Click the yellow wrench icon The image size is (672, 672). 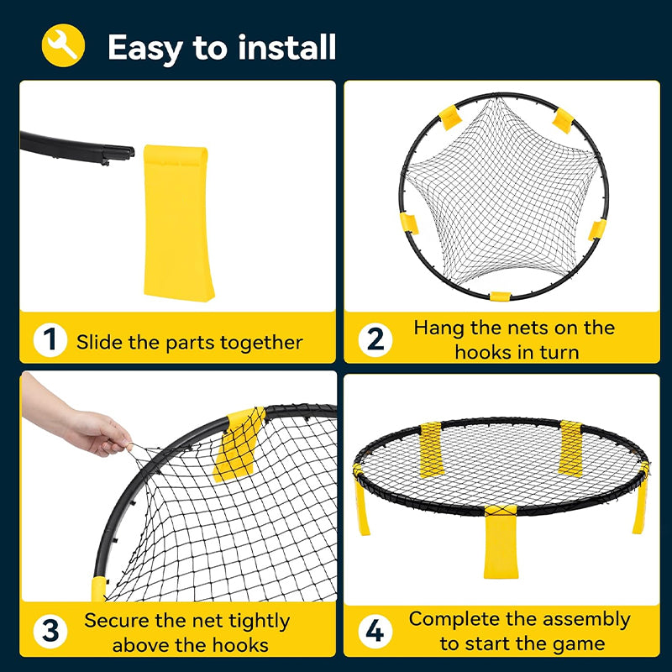pyautogui.click(x=63, y=45)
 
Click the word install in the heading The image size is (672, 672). pyautogui.click(x=286, y=47)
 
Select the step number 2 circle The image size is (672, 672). pyautogui.click(x=375, y=340)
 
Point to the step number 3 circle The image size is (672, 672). pyautogui.click(x=50, y=631)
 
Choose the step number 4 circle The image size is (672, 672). pyautogui.click(x=375, y=631)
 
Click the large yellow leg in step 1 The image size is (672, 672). pyautogui.click(x=178, y=223)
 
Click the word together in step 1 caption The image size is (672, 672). pyautogui.click(x=261, y=343)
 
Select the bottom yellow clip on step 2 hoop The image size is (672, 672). pyautogui.click(x=500, y=297)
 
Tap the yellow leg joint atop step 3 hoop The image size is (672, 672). pyautogui.click(x=239, y=444)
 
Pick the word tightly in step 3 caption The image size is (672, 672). pyautogui.click(x=259, y=622)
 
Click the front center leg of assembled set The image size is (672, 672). pyautogui.click(x=501, y=543)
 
